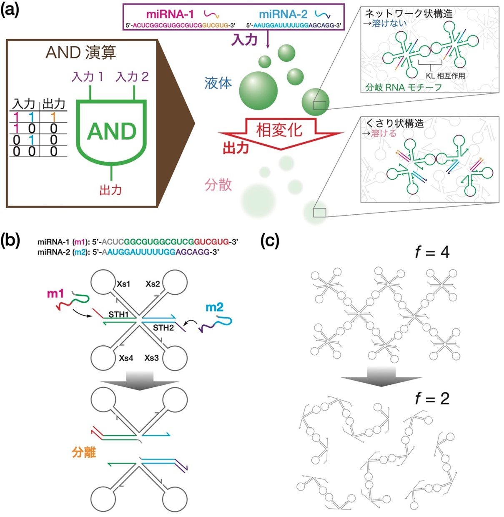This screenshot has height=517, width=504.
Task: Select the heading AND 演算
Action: point(81,52)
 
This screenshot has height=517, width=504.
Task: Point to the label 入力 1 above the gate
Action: point(88,77)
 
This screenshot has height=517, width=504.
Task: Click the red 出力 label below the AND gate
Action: point(110,190)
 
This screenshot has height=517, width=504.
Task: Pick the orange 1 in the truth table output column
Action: point(53,117)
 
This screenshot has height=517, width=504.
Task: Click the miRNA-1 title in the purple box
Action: point(170,14)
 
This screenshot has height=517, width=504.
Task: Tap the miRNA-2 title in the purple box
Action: point(283,14)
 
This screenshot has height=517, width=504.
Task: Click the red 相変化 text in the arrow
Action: point(279,130)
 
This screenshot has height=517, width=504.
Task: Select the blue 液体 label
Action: point(218,83)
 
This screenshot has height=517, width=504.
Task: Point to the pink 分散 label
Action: point(218,185)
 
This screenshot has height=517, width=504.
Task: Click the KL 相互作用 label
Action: point(445,76)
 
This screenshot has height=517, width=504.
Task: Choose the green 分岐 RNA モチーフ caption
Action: point(403,87)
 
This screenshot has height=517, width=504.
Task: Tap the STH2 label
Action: point(163,328)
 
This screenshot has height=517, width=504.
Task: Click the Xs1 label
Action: point(123,284)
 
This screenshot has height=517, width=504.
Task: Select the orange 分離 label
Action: point(84,452)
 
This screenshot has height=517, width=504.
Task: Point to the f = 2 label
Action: point(432,399)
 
